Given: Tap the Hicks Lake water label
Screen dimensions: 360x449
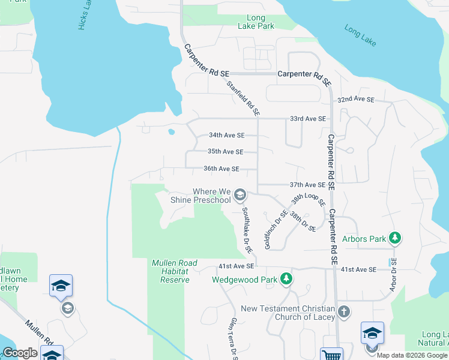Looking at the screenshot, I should tap(85, 13).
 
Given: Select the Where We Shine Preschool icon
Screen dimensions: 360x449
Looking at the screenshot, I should tap(240, 194).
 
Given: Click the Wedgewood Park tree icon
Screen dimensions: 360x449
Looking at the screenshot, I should tap(287, 279).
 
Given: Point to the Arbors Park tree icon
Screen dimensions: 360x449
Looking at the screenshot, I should tap(394, 238).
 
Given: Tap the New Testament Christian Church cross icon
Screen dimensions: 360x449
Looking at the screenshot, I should tap(343, 311).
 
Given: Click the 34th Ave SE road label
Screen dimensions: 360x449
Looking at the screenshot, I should tap(226, 136).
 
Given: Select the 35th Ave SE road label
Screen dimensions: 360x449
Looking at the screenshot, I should tap(225, 152).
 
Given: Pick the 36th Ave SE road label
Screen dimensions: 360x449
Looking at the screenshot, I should tap(221, 169).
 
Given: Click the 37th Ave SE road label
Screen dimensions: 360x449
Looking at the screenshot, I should tap(307, 185).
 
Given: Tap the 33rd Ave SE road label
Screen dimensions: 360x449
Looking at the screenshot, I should tap(307, 119).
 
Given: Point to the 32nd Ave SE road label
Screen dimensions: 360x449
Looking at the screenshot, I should tap(355, 100).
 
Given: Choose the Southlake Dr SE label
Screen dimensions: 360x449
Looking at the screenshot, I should tap(246, 231).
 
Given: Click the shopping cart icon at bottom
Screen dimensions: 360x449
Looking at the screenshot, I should tap(332, 354).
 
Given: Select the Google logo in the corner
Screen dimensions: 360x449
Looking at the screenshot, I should tap(20, 353).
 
